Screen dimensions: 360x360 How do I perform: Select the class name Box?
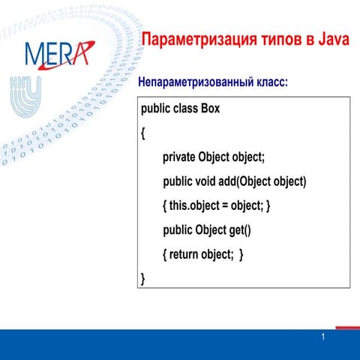coord(210,109)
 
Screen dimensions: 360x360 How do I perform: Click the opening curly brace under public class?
coord(143,133)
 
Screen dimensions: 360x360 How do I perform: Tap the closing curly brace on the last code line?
coord(143,279)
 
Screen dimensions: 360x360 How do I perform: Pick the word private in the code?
coord(178,157)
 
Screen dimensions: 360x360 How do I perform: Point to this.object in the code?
coord(197,205)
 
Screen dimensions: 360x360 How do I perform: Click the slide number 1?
coord(322,337)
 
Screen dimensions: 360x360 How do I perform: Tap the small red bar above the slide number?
coord(346,327)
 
